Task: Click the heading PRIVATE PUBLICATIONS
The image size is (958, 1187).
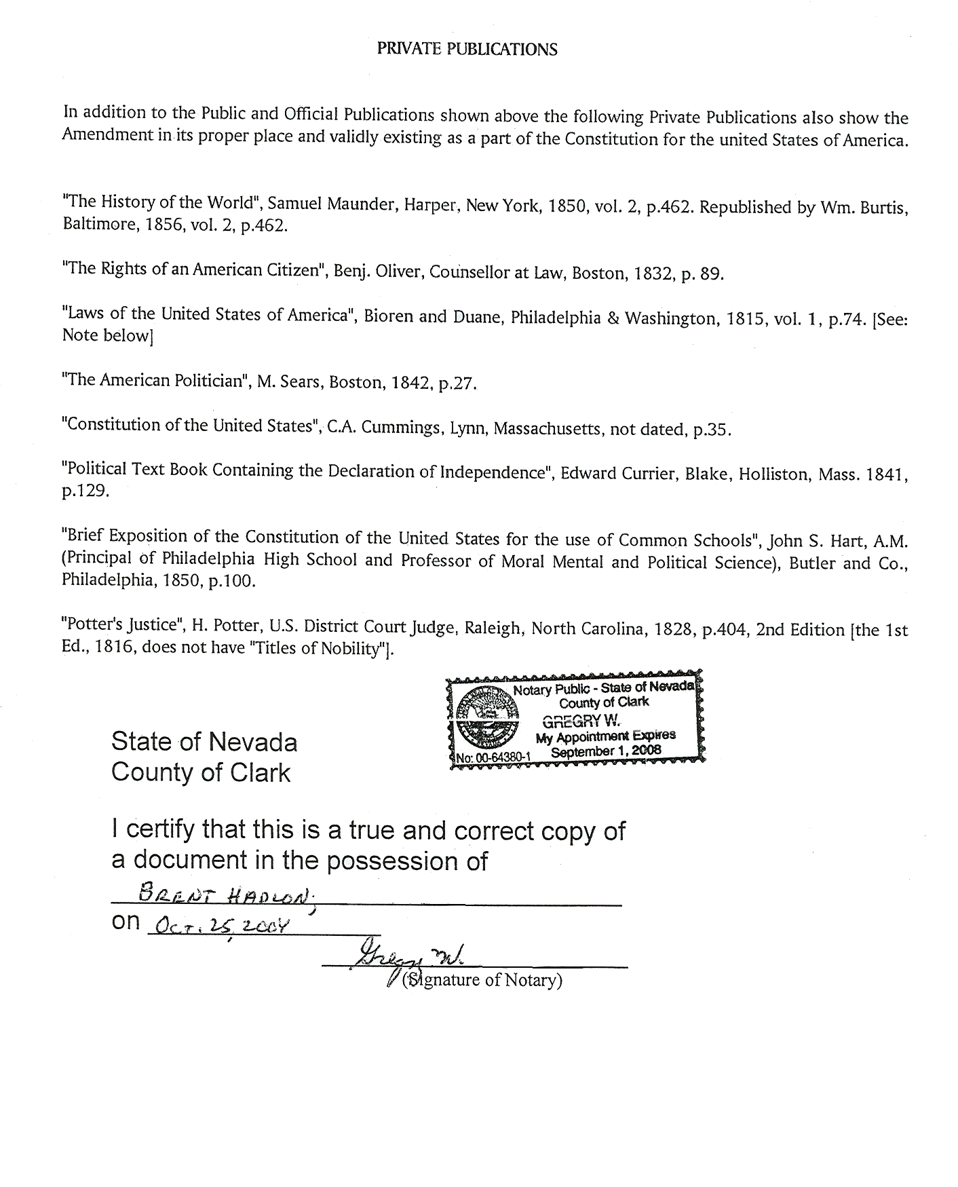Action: (x=467, y=49)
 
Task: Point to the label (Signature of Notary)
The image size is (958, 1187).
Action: (x=482, y=981)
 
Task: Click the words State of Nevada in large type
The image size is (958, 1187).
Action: (x=204, y=741)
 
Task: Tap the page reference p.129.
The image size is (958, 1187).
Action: (x=85, y=491)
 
